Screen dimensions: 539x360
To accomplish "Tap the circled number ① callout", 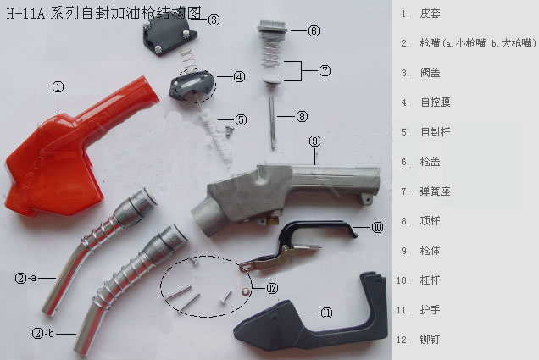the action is pos(58,87).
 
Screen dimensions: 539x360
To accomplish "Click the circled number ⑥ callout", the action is pos(314,30).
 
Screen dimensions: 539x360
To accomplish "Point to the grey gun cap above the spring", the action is pos(272,26).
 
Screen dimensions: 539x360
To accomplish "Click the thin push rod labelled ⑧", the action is pos(272,122).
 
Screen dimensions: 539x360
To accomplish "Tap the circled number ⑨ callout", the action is pos(314,141).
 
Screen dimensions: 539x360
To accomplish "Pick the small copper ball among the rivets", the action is pos(246,291).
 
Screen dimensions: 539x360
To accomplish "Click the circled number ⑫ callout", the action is pos(272,288).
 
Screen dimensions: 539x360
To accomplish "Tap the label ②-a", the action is pos(25,278).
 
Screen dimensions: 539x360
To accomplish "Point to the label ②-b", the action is pos(43,333).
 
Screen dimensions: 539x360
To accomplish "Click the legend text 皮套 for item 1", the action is pos(430,14).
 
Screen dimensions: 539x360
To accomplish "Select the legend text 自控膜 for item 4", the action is pos(436,102).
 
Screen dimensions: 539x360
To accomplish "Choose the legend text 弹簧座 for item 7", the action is pos(436,191).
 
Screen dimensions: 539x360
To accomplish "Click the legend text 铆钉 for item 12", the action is pos(430,340).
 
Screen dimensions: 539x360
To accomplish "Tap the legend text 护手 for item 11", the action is pos(430,310).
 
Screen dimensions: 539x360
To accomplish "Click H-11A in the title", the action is pos(25,14).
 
